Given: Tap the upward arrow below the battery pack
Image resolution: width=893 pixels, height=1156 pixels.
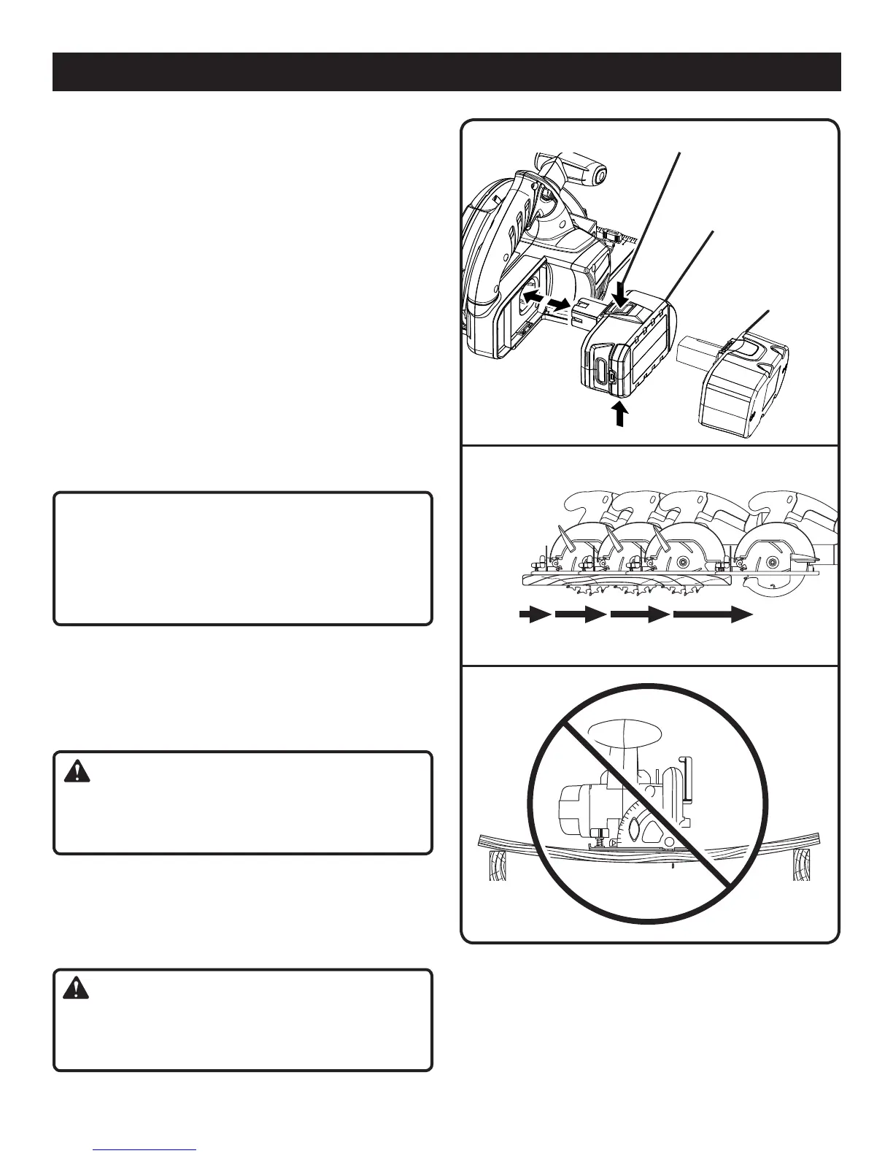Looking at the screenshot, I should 619,413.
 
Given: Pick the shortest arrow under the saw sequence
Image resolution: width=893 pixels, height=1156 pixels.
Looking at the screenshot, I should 535,615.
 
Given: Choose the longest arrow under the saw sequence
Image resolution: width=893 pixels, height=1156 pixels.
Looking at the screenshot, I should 712,615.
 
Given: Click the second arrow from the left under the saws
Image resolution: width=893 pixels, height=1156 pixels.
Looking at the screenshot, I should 581,615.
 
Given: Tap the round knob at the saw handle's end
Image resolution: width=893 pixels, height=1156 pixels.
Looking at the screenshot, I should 598,175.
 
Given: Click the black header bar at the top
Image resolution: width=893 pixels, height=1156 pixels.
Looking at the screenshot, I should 446,72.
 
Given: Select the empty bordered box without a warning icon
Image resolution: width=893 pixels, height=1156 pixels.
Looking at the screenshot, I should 243,558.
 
